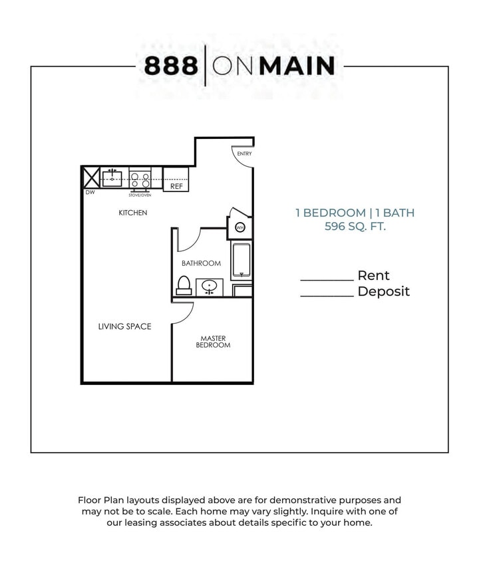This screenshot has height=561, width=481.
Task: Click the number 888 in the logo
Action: click(x=171, y=66)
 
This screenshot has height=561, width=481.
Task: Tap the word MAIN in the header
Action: click(x=297, y=66)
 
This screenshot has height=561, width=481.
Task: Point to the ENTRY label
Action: click(x=244, y=154)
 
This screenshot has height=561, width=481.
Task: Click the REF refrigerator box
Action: click(x=176, y=186)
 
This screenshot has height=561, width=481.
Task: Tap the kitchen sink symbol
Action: click(x=112, y=178)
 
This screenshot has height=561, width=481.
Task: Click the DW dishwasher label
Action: click(x=89, y=193)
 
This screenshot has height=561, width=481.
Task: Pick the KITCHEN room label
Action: click(x=132, y=213)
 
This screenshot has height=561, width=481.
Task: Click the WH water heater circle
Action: click(x=240, y=227)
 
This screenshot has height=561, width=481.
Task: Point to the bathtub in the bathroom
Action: click(x=240, y=261)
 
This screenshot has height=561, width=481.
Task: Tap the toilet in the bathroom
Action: click(x=184, y=285)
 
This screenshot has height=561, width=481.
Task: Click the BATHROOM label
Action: click(x=201, y=263)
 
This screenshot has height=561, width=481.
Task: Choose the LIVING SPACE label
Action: click(x=124, y=326)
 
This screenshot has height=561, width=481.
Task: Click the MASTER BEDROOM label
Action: click(x=214, y=342)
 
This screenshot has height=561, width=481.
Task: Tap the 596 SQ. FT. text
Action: click(x=355, y=227)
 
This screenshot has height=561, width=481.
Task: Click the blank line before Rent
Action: click(x=327, y=280)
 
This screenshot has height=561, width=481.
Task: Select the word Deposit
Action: click(x=383, y=292)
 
